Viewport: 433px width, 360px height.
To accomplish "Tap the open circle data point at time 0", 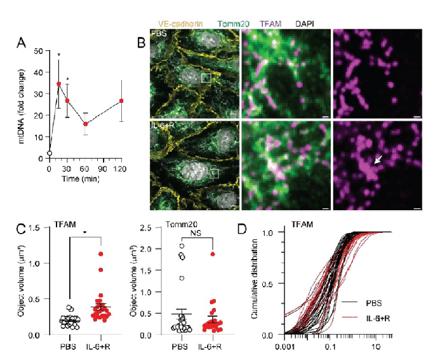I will [50, 153].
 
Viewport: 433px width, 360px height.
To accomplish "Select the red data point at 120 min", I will [121, 101].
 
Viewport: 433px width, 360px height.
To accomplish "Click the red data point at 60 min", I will [86, 124].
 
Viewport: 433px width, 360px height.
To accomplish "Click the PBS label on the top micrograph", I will [157, 32].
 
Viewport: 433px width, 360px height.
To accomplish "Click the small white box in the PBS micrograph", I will [206, 77].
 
